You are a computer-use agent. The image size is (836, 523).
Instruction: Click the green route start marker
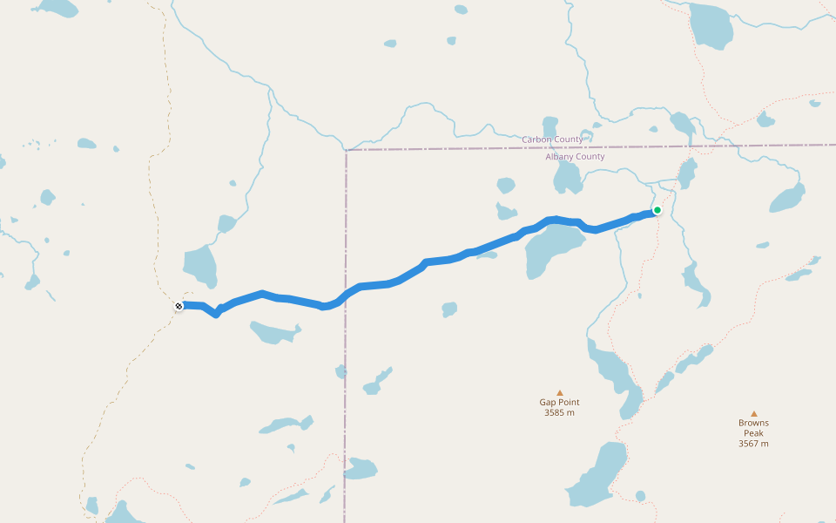pyautogui.click(x=657, y=210)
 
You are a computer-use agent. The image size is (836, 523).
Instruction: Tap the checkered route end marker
pyautogui.click(x=179, y=306)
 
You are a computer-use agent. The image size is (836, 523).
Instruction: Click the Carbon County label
pyautogui.click(x=553, y=139)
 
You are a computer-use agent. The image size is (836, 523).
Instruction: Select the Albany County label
pyautogui.click(x=575, y=157)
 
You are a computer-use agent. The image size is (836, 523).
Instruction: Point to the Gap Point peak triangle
pyautogui.click(x=560, y=392)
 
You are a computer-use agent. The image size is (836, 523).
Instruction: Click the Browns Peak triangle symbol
pyautogui.click(x=754, y=414)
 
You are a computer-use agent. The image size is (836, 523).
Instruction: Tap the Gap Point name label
pyautogui.click(x=559, y=403)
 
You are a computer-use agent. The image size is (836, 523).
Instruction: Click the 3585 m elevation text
pyautogui.click(x=559, y=413)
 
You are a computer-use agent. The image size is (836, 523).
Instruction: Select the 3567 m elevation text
pyautogui.click(x=753, y=444)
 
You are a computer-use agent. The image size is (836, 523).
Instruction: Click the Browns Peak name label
pyautogui.click(x=753, y=428)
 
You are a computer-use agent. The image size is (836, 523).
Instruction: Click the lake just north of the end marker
pyautogui.click(x=200, y=266)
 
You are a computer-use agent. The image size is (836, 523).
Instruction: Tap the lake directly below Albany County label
pyautogui.click(x=567, y=178)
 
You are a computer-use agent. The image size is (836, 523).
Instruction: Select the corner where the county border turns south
pyautogui.click(x=346, y=151)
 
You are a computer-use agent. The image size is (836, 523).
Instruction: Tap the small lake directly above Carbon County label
pyautogui.click(x=550, y=126)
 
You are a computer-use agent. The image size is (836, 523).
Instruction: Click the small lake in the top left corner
pyautogui.click(x=57, y=9)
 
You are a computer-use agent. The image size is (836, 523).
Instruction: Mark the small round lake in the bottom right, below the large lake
pyautogui.click(x=641, y=496)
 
